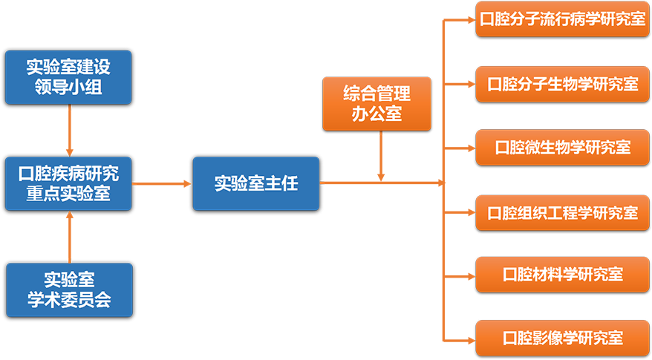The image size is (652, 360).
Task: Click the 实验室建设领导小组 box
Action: pos(68,77)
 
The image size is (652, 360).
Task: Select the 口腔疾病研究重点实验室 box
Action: pos(68,184)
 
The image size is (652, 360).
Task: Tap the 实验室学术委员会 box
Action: pos(70,290)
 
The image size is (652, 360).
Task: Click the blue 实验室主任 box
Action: pos(256,184)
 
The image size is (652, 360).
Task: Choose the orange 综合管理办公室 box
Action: pos(376,104)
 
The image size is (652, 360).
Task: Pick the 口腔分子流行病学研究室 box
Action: pos(563,19)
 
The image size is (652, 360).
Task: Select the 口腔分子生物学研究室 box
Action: pos(563,85)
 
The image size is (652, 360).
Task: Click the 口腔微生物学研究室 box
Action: pos(563,148)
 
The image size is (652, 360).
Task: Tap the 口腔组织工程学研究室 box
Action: pos(563,213)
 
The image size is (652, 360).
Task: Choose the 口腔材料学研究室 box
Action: pos(563,275)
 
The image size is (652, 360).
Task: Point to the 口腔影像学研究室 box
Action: pos(563,338)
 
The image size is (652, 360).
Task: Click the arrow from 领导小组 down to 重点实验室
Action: pos(70,131)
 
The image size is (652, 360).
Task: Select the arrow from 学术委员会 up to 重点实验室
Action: pos(70,237)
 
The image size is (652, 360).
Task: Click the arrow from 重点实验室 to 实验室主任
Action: pos(162,184)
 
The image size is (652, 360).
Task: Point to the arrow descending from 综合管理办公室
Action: pos(380,157)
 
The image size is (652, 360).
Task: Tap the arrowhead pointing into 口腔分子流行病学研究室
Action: pos(472,19)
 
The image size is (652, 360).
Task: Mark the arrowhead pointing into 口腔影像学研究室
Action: pos(472,341)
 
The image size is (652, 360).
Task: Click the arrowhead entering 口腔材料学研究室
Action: pos(472,276)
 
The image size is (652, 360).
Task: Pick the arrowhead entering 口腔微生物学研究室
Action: pos(472,148)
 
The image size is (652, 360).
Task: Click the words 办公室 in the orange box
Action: pos(376,114)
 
